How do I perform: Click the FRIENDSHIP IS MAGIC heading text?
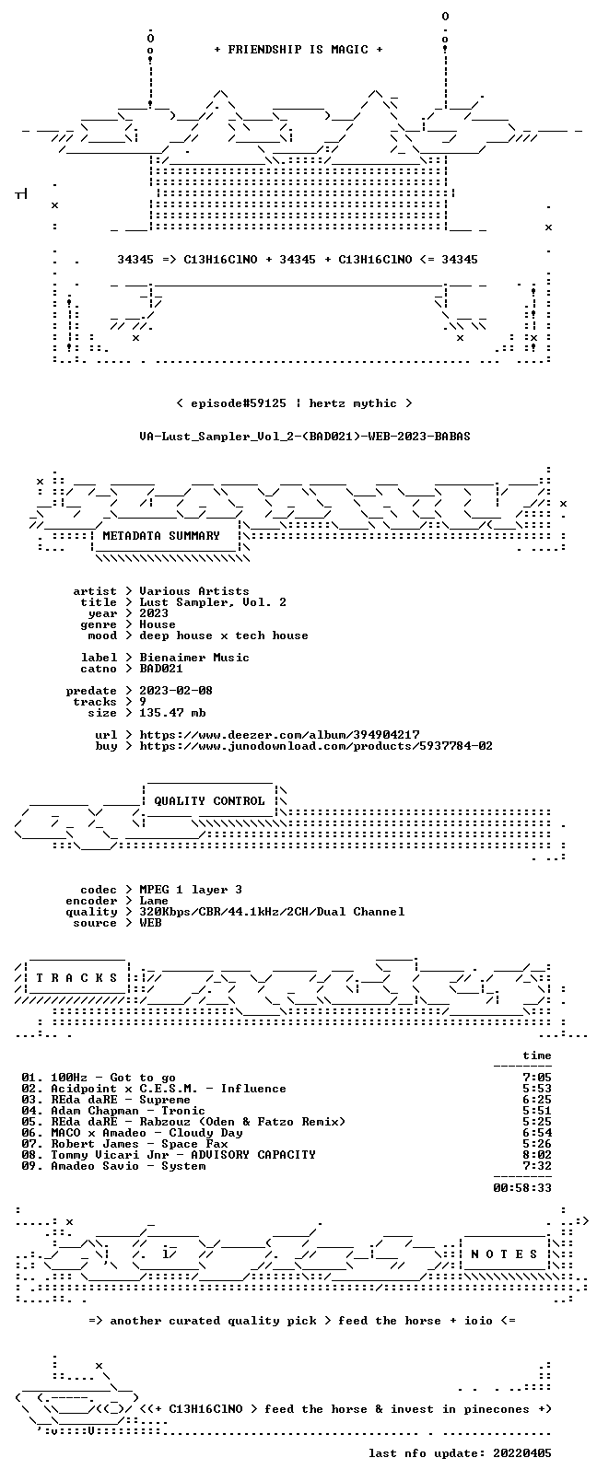click(x=298, y=50)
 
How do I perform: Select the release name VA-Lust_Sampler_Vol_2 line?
click(x=305, y=437)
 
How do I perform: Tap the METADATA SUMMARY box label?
click(x=160, y=535)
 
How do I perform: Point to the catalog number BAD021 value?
click(x=160, y=669)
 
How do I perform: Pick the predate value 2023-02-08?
click(x=176, y=690)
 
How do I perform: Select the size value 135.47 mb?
click(x=172, y=713)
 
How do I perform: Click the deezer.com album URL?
click(x=279, y=735)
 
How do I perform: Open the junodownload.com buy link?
click(x=315, y=746)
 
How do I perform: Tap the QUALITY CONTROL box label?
click(x=209, y=801)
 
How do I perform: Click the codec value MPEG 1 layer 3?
click(x=191, y=890)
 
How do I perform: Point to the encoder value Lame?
click(x=153, y=901)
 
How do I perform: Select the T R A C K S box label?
click(x=76, y=978)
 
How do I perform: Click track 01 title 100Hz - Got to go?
click(x=113, y=1078)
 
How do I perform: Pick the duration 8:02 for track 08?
click(x=537, y=1155)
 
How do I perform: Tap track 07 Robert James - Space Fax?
click(x=139, y=1144)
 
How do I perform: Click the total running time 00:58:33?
click(x=522, y=1188)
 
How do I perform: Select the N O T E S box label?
click(x=504, y=1254)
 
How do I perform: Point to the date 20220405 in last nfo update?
click(x=522, y=1453)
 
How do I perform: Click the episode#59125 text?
click(x=238, y=403)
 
